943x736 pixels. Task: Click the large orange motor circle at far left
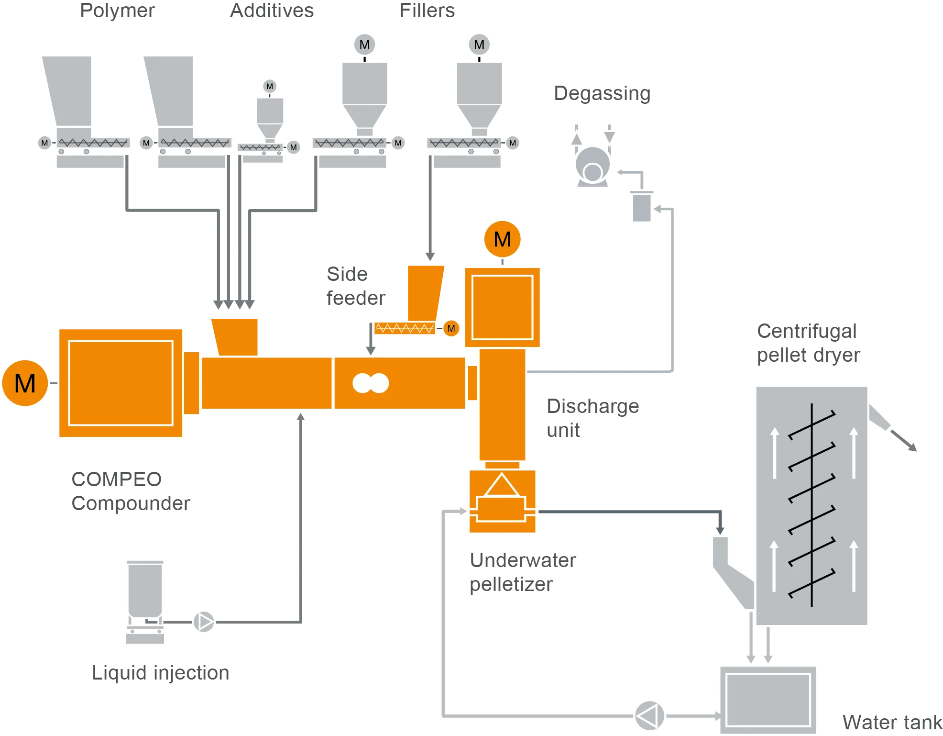25,383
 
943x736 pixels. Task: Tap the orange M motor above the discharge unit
502,239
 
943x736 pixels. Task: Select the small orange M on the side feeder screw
451,328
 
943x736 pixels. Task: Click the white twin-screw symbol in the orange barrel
371,383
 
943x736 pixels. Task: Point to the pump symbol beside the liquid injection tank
204,622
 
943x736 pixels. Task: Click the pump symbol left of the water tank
649,716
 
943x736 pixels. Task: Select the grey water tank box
768,700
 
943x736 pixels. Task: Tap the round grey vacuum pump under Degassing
593,165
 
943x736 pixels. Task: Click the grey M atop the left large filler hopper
364,45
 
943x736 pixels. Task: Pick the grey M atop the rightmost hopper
479,45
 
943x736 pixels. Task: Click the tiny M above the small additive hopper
270,86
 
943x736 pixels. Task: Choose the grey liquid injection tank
145,591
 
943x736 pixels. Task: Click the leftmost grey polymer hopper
69,91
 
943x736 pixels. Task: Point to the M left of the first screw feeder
44,143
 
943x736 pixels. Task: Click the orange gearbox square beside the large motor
121,383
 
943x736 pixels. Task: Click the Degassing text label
602,94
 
